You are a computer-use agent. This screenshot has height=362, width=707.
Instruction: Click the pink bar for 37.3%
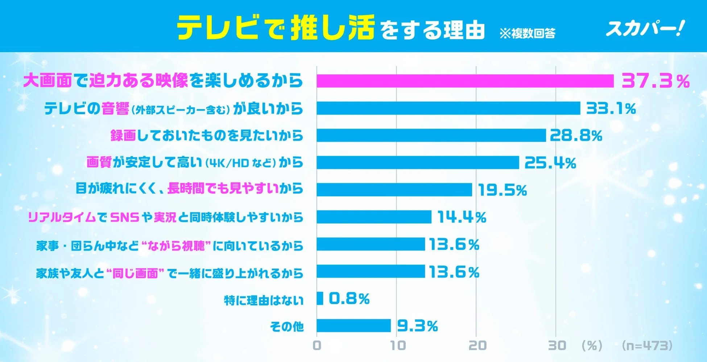point(465,81)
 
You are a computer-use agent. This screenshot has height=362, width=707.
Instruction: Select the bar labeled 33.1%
point(448,108)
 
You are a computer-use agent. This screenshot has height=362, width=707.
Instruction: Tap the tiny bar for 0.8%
point(320,299)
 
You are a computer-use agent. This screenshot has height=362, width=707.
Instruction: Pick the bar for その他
point(353,325)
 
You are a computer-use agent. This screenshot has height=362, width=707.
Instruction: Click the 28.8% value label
point(576,136)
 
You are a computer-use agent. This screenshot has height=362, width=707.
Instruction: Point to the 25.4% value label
point(550,163)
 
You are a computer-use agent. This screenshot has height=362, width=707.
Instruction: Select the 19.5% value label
point(502,190)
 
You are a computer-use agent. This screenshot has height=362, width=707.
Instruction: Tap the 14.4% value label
point(462,217)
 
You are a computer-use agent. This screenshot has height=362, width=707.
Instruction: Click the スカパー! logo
point(645,28)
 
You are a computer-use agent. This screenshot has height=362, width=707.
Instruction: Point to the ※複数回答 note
point(527,33)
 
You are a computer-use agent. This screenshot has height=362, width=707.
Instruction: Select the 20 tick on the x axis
point(477,345)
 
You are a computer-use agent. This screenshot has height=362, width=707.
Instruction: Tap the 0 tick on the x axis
point(317,345)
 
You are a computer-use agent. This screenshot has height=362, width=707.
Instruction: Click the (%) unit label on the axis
point(592,345)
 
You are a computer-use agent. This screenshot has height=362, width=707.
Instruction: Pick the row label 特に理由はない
point(264,300)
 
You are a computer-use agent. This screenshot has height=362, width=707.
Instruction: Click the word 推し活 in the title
point(332,28)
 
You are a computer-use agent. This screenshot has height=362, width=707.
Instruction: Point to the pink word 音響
point(115,109)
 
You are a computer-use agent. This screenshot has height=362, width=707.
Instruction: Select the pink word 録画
point(123,136)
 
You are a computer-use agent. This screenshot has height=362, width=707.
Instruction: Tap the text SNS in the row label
point(124,217)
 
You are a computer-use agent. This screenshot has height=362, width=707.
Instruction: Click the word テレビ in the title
point(218,28)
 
